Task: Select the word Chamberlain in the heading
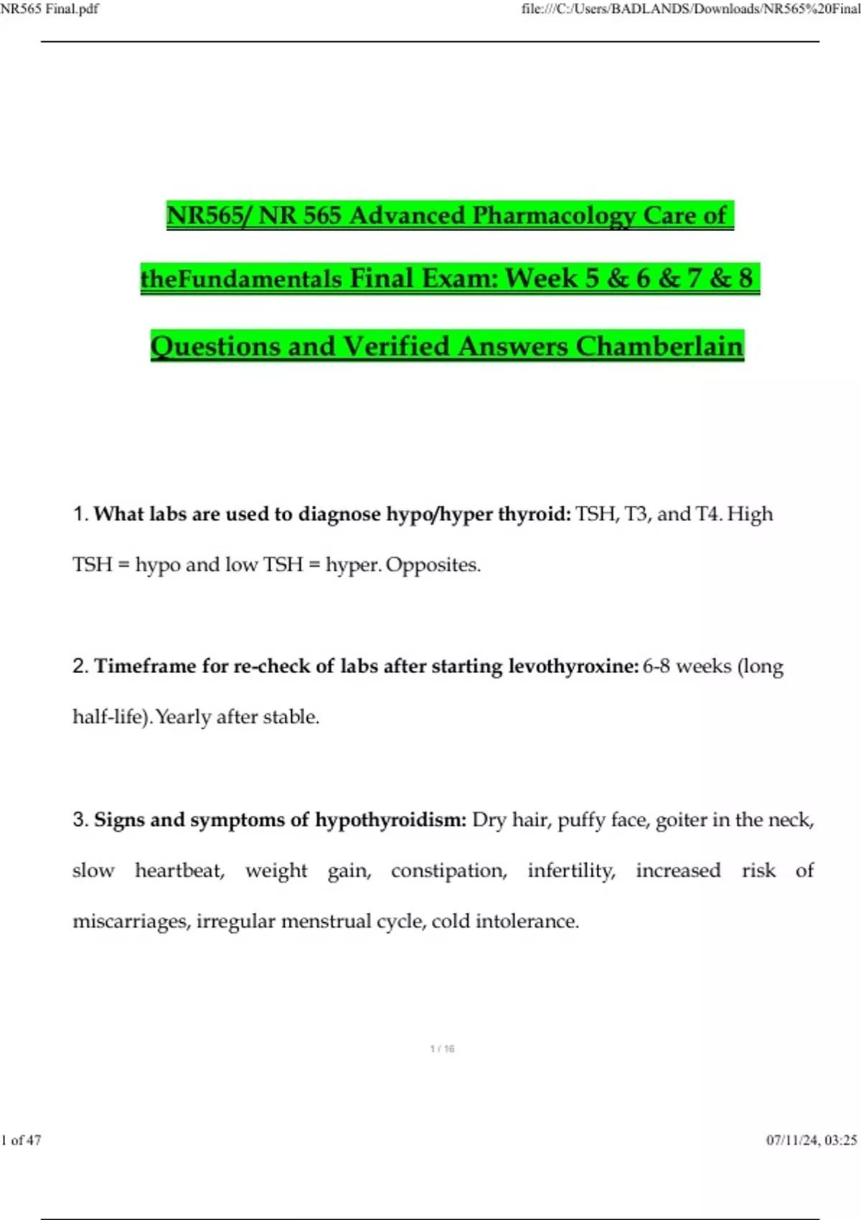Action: tap(659, 347)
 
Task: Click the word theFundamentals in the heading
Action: tap(241, 278)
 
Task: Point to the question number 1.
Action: tap(80, 515)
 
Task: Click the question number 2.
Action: tap(80, 667)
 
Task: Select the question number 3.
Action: tap(80, 820)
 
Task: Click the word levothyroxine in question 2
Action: tap(573, 667)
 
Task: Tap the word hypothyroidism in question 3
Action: tap(390, 820)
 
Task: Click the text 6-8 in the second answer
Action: tap(656, 667)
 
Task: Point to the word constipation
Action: tap(448, 871)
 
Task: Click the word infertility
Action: tap(571, 871)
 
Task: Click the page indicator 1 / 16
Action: tap(442, 1049)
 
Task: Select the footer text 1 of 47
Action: tap(22, 1140)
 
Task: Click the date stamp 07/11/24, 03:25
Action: tap(811, 1140)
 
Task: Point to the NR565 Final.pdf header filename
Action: tap(50, 9)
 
